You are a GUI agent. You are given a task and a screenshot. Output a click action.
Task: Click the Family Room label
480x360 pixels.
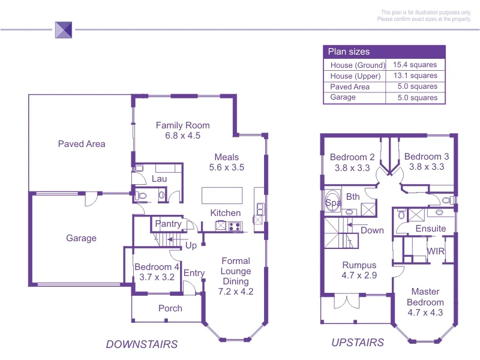(183, 125)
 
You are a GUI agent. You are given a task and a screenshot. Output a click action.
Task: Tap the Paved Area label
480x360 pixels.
(82, 144)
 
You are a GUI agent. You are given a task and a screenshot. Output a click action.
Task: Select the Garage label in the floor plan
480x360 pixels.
(81, 238)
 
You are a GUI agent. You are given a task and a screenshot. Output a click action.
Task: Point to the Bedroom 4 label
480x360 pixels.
(157, 267)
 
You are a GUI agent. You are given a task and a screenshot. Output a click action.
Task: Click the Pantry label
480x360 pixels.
(168, 224)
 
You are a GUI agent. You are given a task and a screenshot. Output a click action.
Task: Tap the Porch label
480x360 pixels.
(170, 308)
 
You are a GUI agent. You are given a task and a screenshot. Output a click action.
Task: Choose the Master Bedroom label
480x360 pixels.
(425, 297)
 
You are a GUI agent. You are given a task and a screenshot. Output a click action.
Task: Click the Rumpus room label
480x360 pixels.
(359, 265)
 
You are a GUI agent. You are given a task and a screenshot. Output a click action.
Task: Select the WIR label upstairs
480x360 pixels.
(436, 251)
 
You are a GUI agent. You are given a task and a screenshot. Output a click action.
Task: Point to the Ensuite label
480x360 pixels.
(431, 229)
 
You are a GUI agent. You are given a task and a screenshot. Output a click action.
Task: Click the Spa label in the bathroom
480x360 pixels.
(332, 203)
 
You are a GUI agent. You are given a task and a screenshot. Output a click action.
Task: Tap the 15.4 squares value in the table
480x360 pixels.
(415, 65)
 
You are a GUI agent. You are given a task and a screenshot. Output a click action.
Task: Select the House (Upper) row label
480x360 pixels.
(355, 76)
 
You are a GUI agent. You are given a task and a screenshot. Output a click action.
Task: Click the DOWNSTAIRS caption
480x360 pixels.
(142, 344)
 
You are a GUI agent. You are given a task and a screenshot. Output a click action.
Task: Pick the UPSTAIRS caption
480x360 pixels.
(358, 343)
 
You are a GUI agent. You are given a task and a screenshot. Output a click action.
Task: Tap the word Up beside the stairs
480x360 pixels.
(191, 246)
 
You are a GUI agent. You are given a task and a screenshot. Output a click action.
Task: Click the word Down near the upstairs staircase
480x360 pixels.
(372, 230)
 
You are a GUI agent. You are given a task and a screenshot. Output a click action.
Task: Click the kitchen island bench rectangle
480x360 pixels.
(222, 196)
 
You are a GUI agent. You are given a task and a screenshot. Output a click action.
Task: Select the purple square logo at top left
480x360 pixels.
(63, 29)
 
